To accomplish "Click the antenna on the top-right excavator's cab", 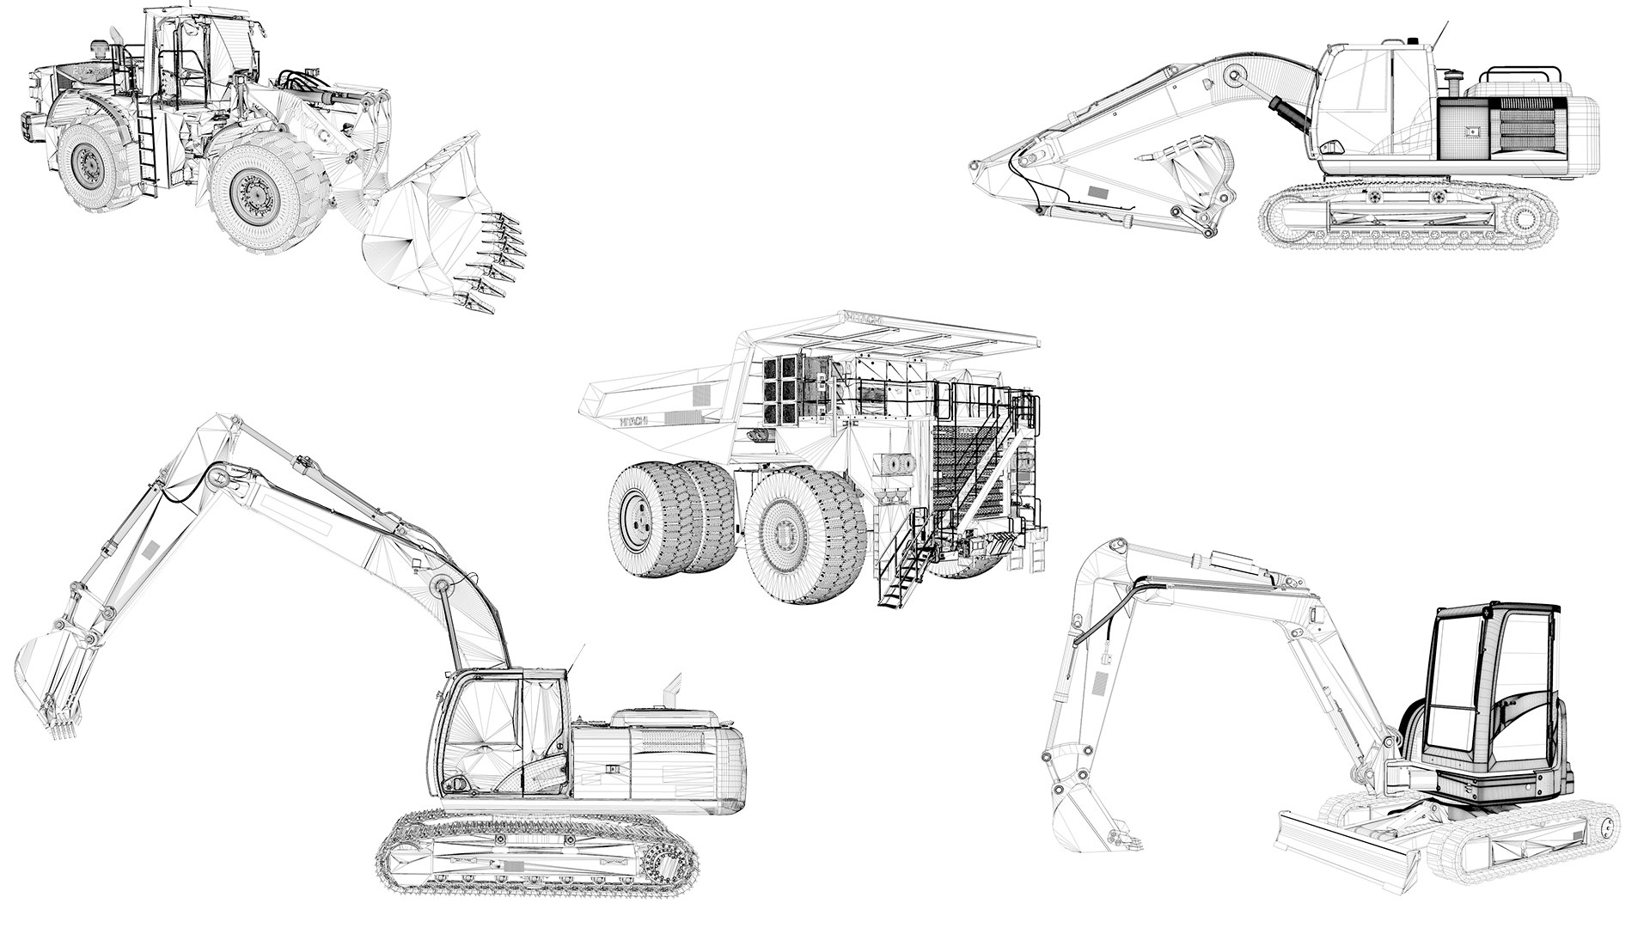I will click(x=1440, y=32).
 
